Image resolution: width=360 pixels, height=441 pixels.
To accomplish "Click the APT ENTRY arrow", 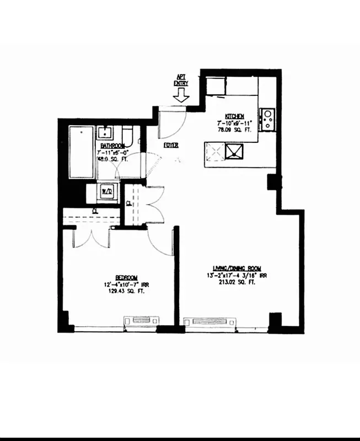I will click(181, 95).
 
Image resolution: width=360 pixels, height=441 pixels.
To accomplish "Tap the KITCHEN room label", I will click(234, 116).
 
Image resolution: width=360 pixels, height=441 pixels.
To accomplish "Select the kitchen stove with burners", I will click(267, 120).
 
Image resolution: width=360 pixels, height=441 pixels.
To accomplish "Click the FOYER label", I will click(170, 145).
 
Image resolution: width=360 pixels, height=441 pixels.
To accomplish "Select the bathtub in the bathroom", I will click(81, 152).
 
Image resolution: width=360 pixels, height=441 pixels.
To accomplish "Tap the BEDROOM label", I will click(126, 277).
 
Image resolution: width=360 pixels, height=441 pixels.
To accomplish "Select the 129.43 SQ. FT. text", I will click(126, 292).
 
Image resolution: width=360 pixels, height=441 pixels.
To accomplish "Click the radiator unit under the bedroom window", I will click(142, 320).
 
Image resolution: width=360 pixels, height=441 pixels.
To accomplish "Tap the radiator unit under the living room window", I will click(209, 321).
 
